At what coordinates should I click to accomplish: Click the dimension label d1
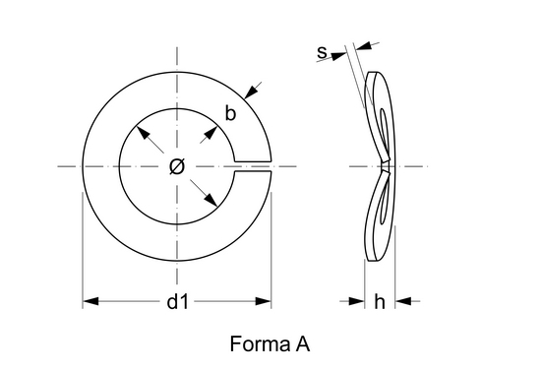point(178,302)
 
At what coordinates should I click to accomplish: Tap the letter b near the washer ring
point(230,113)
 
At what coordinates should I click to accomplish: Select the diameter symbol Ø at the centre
point(177,166)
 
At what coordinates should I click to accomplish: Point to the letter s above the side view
point(322,52)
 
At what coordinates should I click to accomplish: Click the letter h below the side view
point(380,302)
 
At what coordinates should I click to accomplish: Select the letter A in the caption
point(303,343)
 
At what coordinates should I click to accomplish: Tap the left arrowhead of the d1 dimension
point(90,301)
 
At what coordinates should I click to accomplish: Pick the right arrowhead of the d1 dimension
point(264,301)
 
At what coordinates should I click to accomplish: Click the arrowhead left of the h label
point(357,301)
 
